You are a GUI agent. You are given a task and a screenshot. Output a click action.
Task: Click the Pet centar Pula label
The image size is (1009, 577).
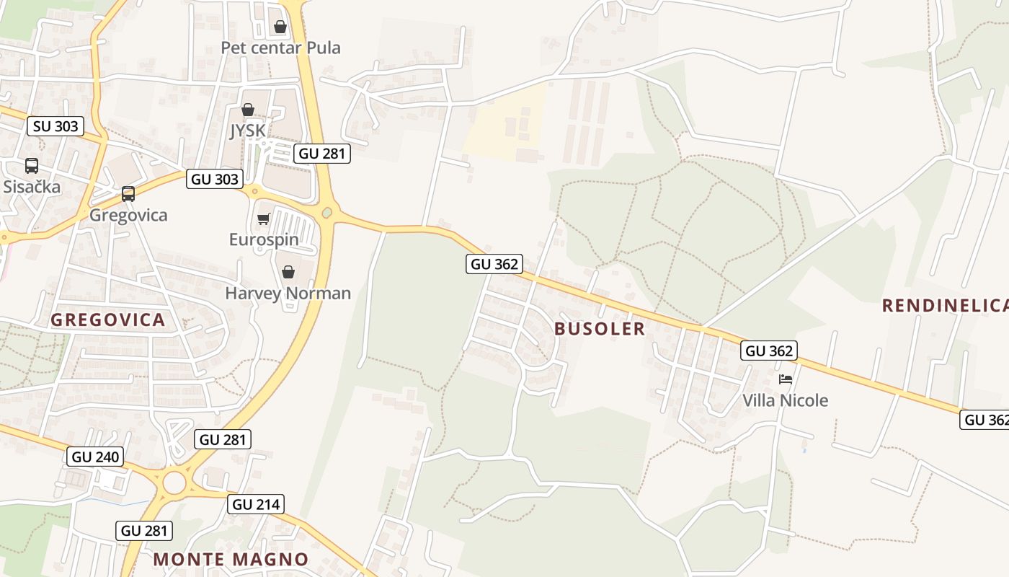(x=280, y=48)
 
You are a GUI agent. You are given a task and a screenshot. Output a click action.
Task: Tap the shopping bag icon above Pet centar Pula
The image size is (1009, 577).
(x=280, y=27)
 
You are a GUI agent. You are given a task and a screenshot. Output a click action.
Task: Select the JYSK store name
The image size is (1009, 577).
(x=247, y=131)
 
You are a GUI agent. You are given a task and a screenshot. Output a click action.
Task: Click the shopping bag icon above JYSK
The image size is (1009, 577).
(x=248, y=110)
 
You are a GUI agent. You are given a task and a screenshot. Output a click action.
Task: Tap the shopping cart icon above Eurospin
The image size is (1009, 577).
(x=263, y=219)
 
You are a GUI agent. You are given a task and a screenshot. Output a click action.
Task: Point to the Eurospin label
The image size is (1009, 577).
(x=264, y=239)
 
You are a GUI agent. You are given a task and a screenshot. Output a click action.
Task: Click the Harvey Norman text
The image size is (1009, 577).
(x=288, y=293)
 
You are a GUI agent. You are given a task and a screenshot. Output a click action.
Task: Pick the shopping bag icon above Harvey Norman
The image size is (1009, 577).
(x=288, y=272)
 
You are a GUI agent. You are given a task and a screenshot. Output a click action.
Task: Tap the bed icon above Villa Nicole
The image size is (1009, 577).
(x=786, y=379)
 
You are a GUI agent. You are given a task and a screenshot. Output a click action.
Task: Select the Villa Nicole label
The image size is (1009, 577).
(x=786, y=400)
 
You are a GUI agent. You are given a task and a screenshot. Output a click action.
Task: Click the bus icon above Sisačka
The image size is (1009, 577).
(x=32, y=166)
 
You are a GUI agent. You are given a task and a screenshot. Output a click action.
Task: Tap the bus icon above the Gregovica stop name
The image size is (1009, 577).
(x=128, y=194)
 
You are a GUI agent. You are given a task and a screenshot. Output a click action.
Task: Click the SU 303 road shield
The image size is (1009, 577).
(x=56, y=126)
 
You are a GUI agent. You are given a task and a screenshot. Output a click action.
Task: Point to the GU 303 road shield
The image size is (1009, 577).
(x=215, y=179)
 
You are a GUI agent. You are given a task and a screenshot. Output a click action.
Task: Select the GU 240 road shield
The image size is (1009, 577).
(x=95, y=456)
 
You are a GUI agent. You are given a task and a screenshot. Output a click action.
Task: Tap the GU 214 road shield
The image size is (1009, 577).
(x=256, y=504)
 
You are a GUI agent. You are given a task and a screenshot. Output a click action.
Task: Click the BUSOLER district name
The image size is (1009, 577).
(x=600, y=329)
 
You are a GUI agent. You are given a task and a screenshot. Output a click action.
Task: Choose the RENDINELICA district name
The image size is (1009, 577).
(x=945, y=306)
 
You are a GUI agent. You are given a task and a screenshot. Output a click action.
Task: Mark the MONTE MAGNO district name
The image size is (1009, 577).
(x=231, y=559)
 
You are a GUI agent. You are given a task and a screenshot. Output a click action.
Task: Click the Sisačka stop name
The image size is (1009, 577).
(x=32, y=187)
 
